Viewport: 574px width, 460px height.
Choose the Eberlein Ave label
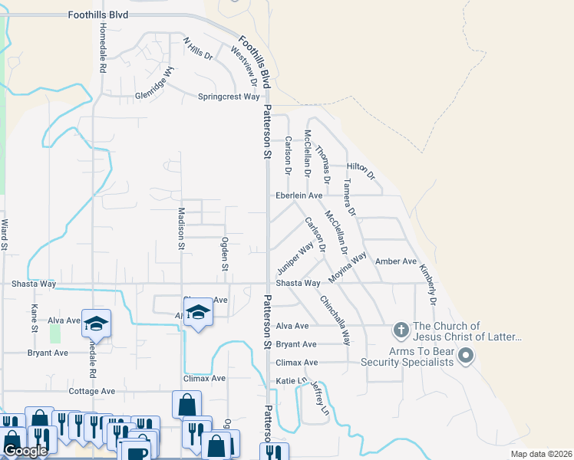[x=299, y=196]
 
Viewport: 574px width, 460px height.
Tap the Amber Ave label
[x=395, y=261]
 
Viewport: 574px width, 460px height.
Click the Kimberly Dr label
[x=427, y=285]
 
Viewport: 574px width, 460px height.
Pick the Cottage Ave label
[x=91, y=391]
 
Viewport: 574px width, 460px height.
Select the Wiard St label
[x=5, y=235]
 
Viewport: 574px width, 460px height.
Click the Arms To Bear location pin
[x=467, y=356]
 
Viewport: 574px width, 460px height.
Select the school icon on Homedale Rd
[x=97, y=324]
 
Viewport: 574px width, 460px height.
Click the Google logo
[x=25, y=452]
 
